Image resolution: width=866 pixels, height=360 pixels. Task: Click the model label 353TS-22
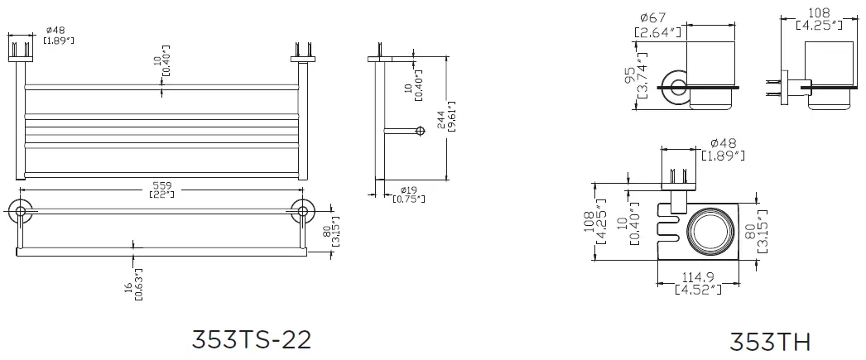[251, 339]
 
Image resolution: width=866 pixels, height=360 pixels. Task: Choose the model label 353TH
[769, 341]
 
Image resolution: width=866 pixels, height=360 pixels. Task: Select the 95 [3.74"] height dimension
[633, 82]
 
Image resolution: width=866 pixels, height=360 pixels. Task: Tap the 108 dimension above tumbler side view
[818, 19]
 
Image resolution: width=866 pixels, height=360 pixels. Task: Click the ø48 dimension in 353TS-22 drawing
[58, 35]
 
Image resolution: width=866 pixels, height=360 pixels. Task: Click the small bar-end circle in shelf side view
[420, 131]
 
